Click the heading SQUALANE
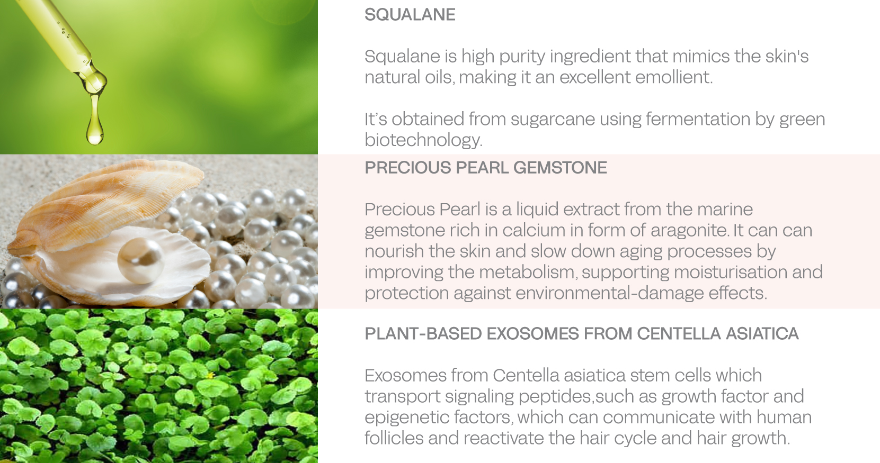click(x=410, y=15)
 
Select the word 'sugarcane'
click(x=553, y=119)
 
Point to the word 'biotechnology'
click(x=423, y=140)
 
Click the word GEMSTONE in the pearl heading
click(x=560, y=168)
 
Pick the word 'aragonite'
click(x=689, y=230)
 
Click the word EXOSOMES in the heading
click(x=532, y=334)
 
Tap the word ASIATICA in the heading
click(x=762, y=334)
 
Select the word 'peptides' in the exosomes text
click(x=555, y=397)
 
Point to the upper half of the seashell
click(x=106, y=204)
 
